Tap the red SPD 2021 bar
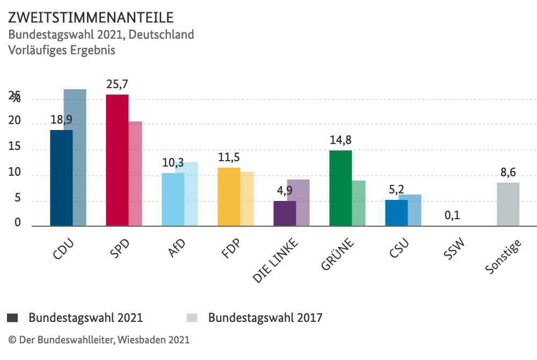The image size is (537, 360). [x=117, y=160]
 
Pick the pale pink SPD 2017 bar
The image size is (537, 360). [x=135, y=174]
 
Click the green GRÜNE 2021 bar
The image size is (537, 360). [x=340, y=188]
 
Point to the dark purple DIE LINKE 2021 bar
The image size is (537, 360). [x=285, y=213]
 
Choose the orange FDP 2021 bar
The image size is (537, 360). [x=229, y=197]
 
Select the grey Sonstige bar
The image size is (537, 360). [x=508, y=204]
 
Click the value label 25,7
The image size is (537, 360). [x=117, y=84]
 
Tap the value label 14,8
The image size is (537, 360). [x=340, y=140]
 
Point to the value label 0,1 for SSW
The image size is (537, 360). [x=452, y=215]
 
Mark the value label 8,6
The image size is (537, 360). [x=508, y=172]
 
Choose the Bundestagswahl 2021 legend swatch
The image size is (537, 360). [x=12, y=318]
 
